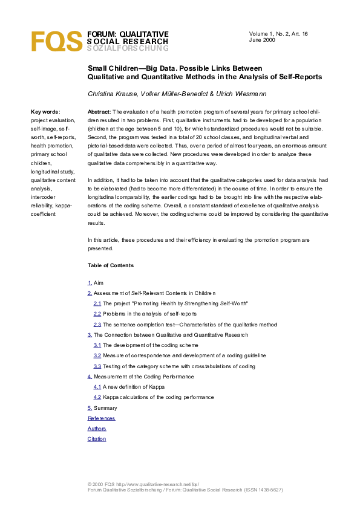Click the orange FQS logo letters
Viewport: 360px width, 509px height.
[x=56, y=41]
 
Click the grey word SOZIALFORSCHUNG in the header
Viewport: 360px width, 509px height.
[x=128, y=48]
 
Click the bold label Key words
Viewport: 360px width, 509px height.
[x=45, y=112]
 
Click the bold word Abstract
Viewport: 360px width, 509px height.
[x=99, y=112]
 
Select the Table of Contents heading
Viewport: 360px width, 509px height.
[x=111, y=265]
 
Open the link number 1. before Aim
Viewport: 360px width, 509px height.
[x=90, y=282]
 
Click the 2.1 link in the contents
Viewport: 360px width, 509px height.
[x=97, y=303]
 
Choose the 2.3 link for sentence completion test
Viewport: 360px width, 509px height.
[x=97, y=324]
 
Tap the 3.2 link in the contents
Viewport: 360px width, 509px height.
[x=97, y=355]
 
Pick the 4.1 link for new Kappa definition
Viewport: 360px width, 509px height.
[x=97, y=386]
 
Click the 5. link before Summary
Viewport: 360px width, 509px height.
[x=90, y=408]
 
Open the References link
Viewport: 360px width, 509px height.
[x=101, y=418]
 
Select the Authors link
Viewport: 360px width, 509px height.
[x=97, y=429]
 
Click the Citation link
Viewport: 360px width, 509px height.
[x=97, y=439]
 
